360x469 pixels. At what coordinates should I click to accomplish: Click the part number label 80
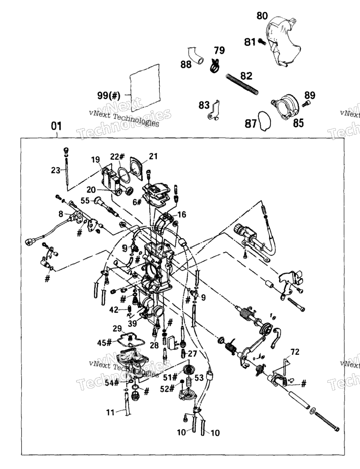click(x=262, y=15)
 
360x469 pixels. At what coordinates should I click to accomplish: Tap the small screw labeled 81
click(x=262, y=42)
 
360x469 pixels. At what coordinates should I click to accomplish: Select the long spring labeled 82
click(x=242, y=85)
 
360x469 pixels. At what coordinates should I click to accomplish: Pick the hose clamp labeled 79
click(x=215, y=66)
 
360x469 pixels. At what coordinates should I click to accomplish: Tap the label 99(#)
click(x=109, y=96)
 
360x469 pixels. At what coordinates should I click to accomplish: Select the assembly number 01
click(x=56, y=126)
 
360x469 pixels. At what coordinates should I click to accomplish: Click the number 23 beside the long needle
click(x=56, y=170)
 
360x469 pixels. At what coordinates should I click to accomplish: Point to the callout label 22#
click(x=117, y=157)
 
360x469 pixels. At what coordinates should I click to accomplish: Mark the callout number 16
click(x=181, y=214)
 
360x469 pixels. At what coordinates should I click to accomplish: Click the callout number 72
click(x=295, y=352)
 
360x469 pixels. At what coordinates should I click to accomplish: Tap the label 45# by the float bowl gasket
click(x=104, y=342)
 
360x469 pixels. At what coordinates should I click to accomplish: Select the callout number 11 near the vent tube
click(x=111, y=413)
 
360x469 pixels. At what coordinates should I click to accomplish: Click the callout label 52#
click(x=167, y=389)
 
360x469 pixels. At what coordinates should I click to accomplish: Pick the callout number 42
click(x=114, y=310)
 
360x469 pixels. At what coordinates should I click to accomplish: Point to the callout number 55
click(x=85, y=200)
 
